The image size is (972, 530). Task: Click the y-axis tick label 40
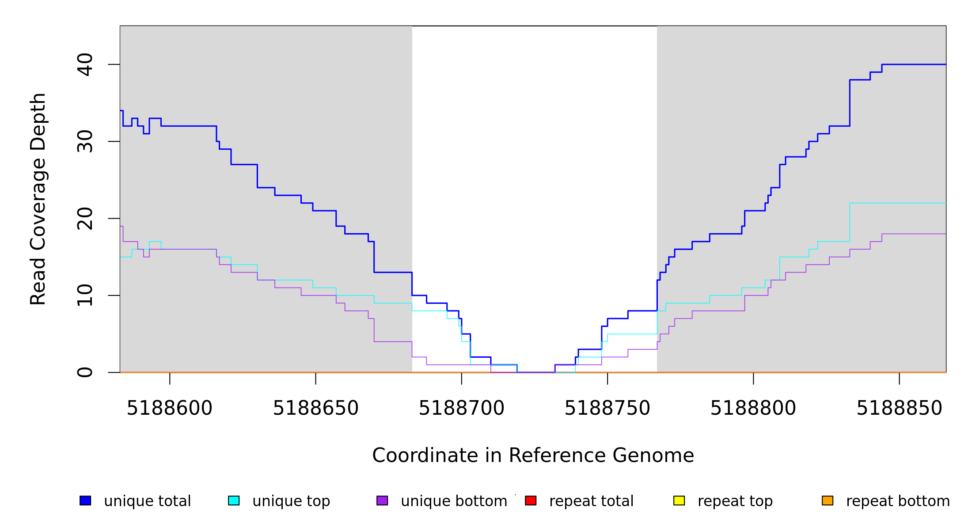(x=85, y=64)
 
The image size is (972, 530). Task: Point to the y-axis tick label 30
(x=85, y=141)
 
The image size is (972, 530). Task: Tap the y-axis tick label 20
(x=85, y=219)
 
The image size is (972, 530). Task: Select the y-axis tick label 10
(x=85, y=295)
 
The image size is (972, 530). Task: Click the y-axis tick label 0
(x=85, y=372)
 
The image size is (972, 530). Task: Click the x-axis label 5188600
(x=170, y=409)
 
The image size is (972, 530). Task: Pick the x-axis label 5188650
(x=315, y=409)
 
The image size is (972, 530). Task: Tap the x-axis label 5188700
(x=461, y=409)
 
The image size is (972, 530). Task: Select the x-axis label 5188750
(x=607, y=409)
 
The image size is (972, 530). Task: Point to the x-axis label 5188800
(x=753, y=409)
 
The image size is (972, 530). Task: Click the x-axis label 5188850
(x=899, y=409)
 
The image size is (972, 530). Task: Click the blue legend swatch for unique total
(x=85, y=500)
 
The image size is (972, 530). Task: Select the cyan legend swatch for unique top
(x=234, y=500)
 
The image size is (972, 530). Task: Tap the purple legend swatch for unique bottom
(x=382, y=500)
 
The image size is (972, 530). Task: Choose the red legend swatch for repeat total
(x=531, y=500)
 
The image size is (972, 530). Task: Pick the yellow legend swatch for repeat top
(x=679, y=500)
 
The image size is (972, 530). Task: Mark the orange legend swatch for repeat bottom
(x=828, y=500)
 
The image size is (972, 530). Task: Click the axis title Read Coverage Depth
(x=38, y=199)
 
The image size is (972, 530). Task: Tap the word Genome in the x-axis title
(x=654, y=456)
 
